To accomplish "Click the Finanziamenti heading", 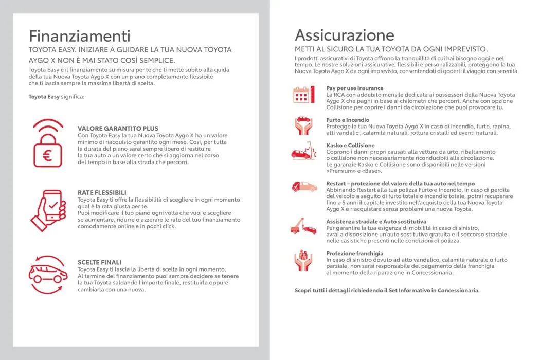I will pos(79,36).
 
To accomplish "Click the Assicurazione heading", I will pos(345,35).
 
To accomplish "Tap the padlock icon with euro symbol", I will pos(49,143).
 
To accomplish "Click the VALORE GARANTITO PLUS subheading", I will pos(118,128).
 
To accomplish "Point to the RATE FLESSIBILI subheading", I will pos(102,192).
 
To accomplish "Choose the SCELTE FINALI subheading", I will pos(99,262).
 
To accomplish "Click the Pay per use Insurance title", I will pos(354,88).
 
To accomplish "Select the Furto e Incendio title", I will pos(348,120).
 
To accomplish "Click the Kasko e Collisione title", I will pos(350,146).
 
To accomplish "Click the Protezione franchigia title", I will pos(354,253).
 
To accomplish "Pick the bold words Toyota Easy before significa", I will pos(44,96).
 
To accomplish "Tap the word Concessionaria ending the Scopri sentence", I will pos(458,290).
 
